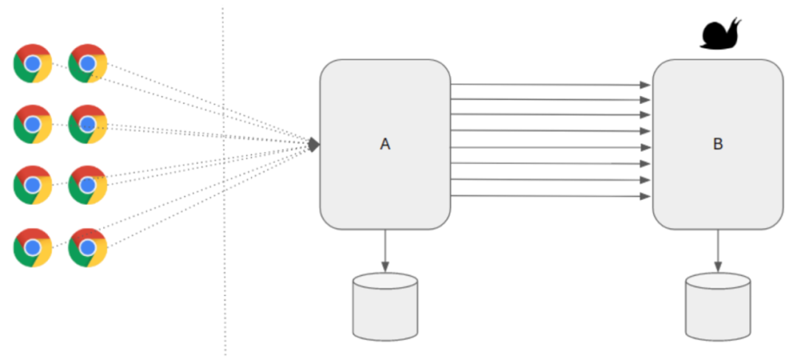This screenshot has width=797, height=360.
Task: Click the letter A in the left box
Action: coord(384,145)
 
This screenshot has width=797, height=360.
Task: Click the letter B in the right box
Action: coord(717,145)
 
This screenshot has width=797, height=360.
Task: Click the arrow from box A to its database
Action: coord(385,250)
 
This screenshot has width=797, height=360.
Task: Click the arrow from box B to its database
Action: coord(718,250)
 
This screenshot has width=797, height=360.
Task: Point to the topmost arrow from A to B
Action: coord(550,84)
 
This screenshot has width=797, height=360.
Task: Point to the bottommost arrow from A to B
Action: coord(550,195)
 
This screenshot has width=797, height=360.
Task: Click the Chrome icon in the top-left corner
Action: coord(32,63)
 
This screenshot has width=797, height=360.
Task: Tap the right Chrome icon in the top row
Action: coord(88,63)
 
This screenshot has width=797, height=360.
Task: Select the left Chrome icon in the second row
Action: coord(32,124)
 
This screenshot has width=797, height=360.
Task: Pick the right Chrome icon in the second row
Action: coord(88,124)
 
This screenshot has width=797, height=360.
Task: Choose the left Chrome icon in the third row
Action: coord(32,185)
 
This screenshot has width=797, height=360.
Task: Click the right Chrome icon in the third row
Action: coord(88,185)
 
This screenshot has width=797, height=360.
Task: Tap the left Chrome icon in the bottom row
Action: coord(32,248)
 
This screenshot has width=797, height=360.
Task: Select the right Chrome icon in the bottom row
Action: coord(88,248)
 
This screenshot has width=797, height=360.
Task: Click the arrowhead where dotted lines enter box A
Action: coord(314,145)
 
